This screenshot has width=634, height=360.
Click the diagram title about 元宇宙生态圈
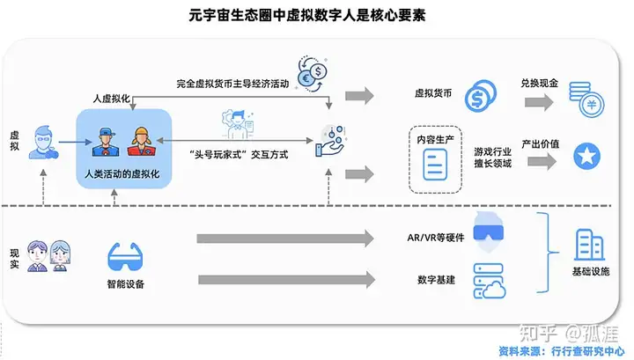tap(307, 15)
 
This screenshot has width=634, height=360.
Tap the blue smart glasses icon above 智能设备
tap(125, 257)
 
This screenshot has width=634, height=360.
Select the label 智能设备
tap(125, 284)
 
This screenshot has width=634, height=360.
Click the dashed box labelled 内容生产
tap(435, 159)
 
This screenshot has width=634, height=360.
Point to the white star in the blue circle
tap(586, 156)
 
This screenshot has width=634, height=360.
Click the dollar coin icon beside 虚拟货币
tap(481, 96)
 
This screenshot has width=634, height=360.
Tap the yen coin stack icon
tap(586, 99)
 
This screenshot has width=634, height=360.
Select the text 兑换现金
tap(539, 84)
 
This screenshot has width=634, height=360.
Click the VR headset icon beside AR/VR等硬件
tap(489, 231)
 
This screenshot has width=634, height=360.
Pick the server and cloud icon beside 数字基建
tap(490, 281)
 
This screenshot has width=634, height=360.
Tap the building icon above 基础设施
tap(589, 245)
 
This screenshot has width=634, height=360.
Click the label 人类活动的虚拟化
tap(122, 174)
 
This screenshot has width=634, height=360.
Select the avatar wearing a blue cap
tap(106, 142)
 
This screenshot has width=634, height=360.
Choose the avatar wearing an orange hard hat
tap(141, 142)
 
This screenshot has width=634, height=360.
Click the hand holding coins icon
tap(330, 141)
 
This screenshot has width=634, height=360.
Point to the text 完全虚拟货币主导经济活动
tap(232, 84)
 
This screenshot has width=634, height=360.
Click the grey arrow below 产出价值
tap(542, 162)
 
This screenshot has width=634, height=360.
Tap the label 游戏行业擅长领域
tap(493, 158)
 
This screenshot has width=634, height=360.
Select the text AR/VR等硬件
tap(436, 238)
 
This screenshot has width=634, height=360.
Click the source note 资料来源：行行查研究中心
tap(562, 351)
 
